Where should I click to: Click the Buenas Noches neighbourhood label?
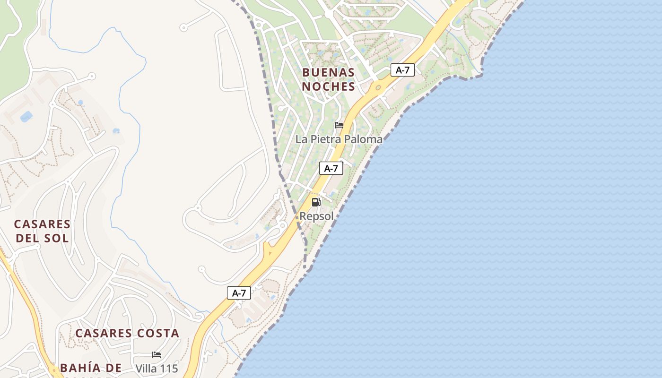click(328, 79)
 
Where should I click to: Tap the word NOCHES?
click(328, 86)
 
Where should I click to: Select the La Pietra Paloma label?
click(339, 139)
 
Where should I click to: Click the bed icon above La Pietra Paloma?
click(339, 125)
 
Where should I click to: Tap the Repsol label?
click(316, 216)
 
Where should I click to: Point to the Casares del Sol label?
click(42, 231)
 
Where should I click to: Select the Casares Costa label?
click(127, 333)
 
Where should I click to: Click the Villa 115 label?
click(157, 369)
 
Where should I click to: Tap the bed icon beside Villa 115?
click(156, 354)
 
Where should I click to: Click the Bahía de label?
click(91, 368)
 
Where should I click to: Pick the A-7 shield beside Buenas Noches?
click(402, 70)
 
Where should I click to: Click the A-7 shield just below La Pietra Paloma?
click(331, 168)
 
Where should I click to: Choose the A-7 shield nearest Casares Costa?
click(239, 293)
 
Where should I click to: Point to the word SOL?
click(57, 238)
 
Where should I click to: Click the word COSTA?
click(158, 333)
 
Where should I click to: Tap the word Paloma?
click(363, 139)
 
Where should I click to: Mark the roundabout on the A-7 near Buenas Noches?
click(378, 88)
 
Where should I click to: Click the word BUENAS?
click(328, 72)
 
